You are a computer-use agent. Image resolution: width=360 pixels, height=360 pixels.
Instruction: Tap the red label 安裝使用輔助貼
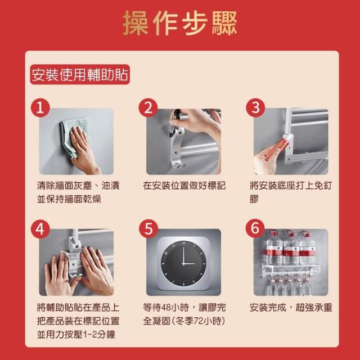click(x=80, y=74)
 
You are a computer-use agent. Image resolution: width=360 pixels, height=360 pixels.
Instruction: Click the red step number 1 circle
click(x=40, y=108)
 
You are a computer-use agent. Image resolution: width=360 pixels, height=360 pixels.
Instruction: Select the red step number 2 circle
click(x=148, y=107)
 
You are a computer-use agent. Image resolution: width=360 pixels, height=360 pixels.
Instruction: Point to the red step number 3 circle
click(x=255, y=107)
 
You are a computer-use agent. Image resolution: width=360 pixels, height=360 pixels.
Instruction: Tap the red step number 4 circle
click(x=40, y=229)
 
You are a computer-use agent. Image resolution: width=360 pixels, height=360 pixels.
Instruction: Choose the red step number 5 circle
click(x=148, y=229)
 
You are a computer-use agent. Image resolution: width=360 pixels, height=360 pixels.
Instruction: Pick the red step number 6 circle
click(x=255, y=228)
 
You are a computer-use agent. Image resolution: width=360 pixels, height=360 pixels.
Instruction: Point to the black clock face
click(x=184, y=263)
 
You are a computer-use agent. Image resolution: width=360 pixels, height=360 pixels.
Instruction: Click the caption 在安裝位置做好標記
click(x=184, y=186)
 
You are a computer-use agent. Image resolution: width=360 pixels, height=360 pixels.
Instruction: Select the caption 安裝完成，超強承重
click(x=291, y=308)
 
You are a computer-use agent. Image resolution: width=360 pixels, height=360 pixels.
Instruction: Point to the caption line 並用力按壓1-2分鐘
click(x=76, y=335)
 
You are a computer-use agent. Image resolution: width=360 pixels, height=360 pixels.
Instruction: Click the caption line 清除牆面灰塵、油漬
click(x=78, y=186)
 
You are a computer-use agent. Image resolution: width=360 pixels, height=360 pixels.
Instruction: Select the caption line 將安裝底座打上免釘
click(x=291, y=186)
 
